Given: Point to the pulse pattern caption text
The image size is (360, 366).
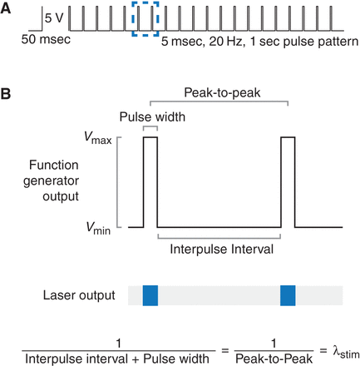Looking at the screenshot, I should tap(260, 39).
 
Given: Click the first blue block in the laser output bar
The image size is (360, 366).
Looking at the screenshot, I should tap(150, 294).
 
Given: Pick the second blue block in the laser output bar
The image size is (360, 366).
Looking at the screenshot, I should tap(288, 294).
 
